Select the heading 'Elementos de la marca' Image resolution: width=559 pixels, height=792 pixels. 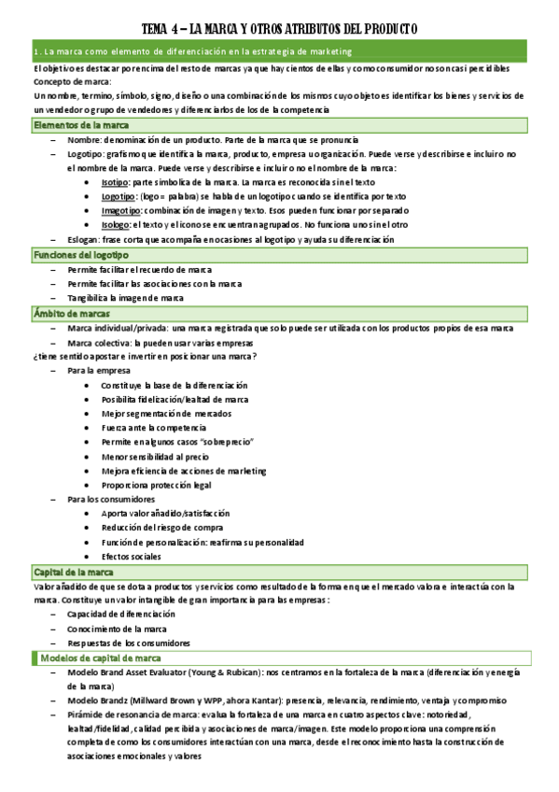click(81, 125)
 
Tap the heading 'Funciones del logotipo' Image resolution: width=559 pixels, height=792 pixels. click(82, 254)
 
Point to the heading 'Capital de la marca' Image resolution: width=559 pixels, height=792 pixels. click(75, 572)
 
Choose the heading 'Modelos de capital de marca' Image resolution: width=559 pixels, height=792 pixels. click(101, 658)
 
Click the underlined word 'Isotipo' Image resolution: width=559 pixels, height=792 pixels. click(116, 183)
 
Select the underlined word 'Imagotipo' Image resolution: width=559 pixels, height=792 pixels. click(121, 211)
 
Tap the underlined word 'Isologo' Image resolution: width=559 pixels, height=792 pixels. click(116, 225)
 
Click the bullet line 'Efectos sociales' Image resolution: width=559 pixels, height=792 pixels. click(132, 557)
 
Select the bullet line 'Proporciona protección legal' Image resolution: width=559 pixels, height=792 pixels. click(157, 486)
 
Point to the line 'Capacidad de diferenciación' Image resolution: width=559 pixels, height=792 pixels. click(121, 615)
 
